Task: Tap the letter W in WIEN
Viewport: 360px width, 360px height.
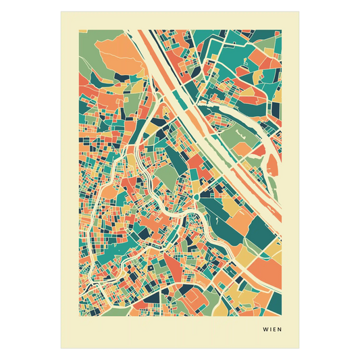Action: click(x=265, y=330)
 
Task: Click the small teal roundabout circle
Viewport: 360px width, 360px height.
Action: click(x=195, y=197)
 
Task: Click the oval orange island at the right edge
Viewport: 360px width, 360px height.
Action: click(x=275, y=162)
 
